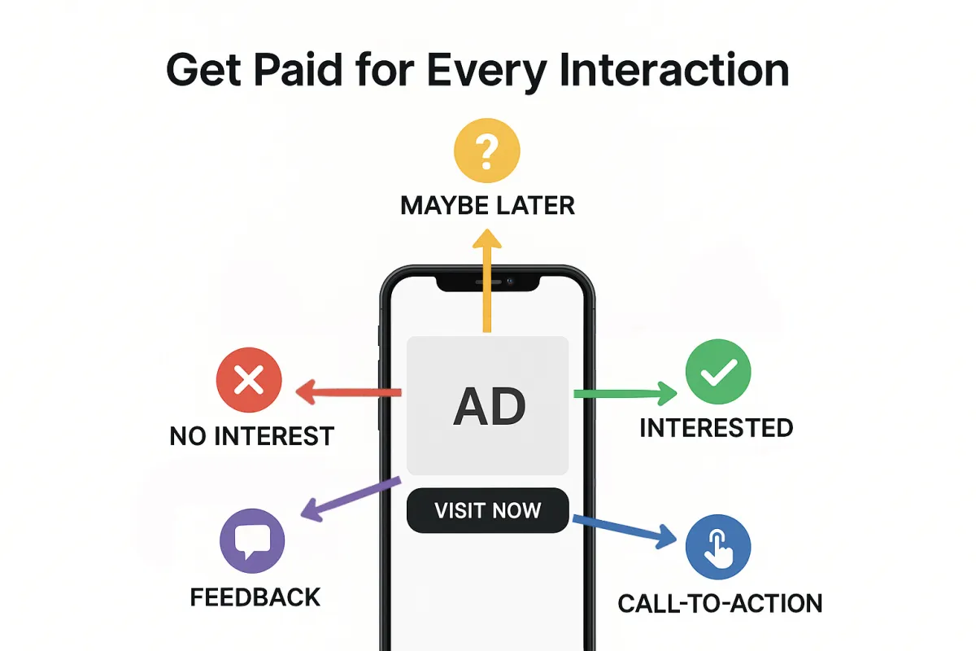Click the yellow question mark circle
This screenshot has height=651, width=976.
click(x=486, y=151)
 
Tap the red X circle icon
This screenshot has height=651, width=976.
click(x=249, y=380)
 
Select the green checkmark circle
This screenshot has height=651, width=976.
click(x=718, y=372)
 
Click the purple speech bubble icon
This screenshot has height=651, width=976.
click(x=252, y=540)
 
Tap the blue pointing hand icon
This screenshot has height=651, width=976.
click(x=718, y=547)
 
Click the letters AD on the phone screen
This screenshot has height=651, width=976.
click(x=490, y=407)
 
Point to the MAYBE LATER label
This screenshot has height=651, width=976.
click(x=487, y=206)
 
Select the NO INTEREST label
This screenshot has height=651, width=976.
click(x=252, y=436)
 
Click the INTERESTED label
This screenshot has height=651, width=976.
click(x=717, y=428)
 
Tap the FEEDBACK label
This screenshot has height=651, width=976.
click(x=255, y=597)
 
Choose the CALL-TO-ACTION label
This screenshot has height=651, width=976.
click(x=720, y=604)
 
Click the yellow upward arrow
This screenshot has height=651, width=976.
click(x=487, y=281)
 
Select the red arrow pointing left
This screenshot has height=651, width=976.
click(x=348, y=391)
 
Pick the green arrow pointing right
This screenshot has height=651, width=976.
click(x=625, y=394)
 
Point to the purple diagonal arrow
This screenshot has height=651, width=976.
click(x=351, y=499)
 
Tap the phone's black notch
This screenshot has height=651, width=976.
click(x=488, y=283)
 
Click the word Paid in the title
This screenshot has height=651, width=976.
click(x=298, y=70)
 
